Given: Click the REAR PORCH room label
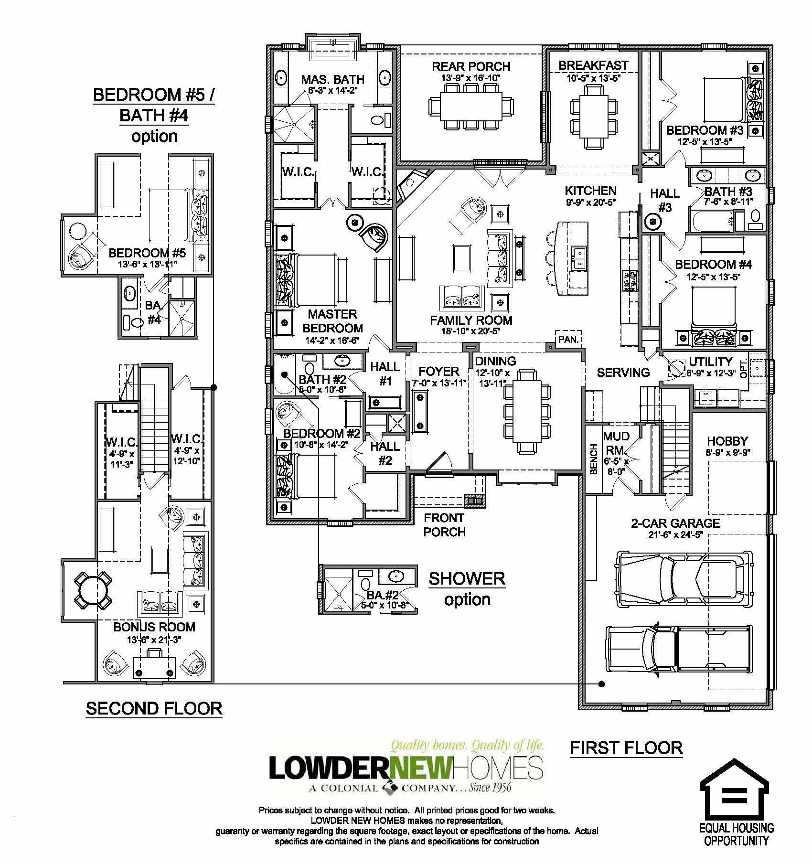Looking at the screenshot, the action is coord(471,66).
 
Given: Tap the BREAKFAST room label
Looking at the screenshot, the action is coord(593,64).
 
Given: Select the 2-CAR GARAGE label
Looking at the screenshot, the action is coord(675,523).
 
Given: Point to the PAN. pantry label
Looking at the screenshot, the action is coord(568,340).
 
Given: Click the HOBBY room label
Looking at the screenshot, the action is coord(727,441).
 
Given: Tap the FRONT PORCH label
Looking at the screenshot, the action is coord(444,524).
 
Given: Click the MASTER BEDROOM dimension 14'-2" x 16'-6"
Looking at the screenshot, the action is coord(332,340).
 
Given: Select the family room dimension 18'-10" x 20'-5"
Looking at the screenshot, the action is coord(471,331).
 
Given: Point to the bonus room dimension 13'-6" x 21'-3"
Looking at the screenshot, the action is coord(154,640).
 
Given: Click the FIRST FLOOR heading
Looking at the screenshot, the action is coord(627,747).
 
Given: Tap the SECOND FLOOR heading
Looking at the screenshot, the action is coord(154,708).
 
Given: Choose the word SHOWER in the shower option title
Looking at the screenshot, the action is coord(467,578).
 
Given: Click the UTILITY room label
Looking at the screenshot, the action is coord(711,362).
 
